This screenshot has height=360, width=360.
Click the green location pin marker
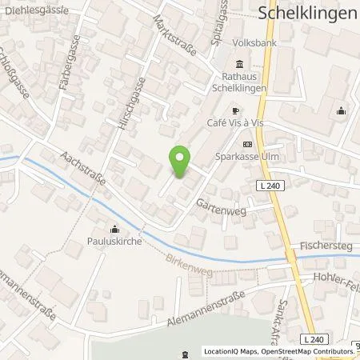[181, 160]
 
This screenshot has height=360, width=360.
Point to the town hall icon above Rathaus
[238, 65]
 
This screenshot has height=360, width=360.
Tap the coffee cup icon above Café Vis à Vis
[234, 111]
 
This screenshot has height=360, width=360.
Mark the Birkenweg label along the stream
[190, 262]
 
